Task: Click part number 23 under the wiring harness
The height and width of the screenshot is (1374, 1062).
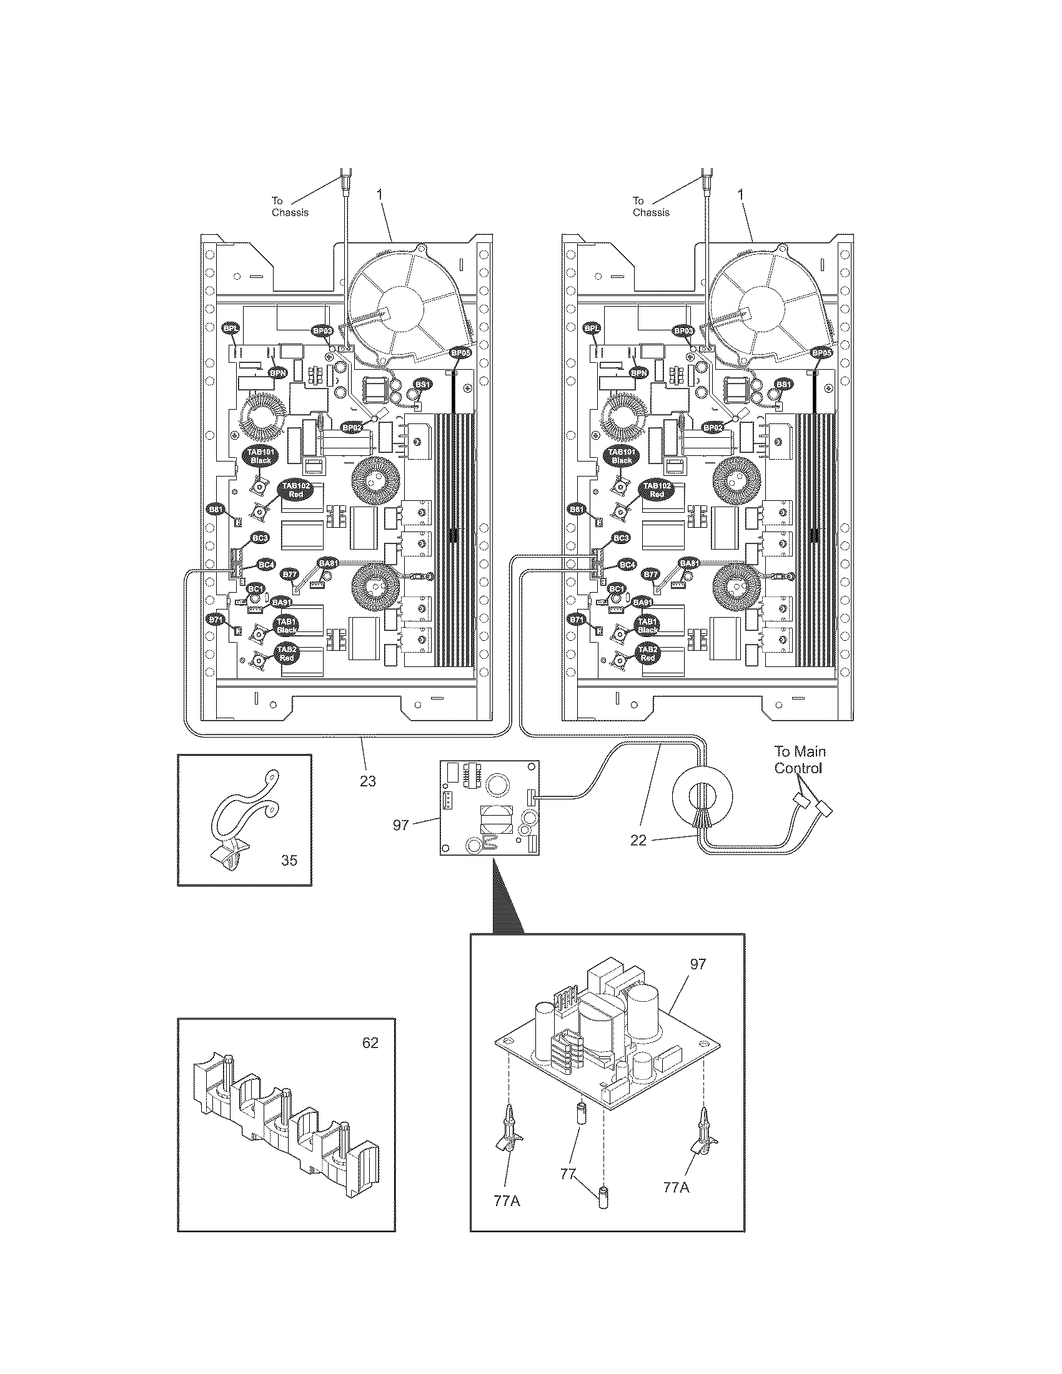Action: tap(367, 781)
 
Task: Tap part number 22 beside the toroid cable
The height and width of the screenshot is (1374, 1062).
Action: tap(638, 840)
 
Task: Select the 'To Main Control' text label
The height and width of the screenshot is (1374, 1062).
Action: tap(800, 759)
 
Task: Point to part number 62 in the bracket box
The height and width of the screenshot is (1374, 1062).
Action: tap(370, 1042)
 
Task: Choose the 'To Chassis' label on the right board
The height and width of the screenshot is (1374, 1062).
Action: tap(650, 206)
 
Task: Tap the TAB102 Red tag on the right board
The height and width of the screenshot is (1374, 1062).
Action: tap(656, 490)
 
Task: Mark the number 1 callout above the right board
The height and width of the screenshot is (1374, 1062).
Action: tap(740, 195)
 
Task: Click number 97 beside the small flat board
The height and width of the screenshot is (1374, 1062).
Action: tap(401, 825)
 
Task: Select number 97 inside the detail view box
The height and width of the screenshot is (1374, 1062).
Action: tap(698, 964)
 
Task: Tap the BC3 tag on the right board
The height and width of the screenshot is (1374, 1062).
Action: tap(621, 538)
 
